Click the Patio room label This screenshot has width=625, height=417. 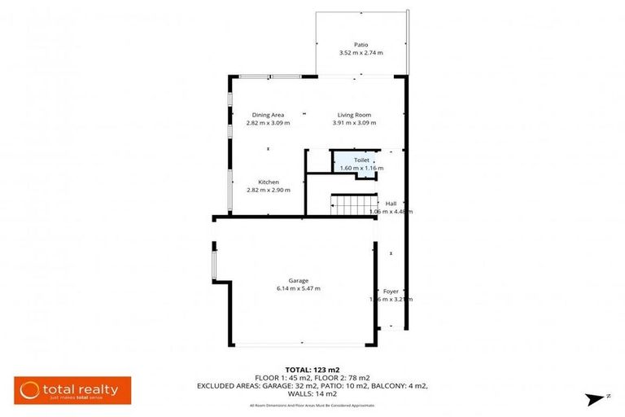pos(361,45)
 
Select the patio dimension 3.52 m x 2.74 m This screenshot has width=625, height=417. pos(361,53)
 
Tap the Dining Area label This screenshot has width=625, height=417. pos(268,115)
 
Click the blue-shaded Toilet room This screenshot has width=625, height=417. pos(356,163)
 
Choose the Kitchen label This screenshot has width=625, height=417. pos(269,182)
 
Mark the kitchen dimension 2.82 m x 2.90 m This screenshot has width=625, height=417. pos(269,190)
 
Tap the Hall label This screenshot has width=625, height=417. pos(391,203)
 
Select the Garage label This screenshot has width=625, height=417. pos(298,280)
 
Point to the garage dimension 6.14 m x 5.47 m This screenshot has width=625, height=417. pos(298,288)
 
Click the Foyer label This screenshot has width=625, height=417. pos(391,291)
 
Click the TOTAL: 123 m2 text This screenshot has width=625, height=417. pos(313,369)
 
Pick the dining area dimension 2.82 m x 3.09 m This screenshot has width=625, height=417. pos(268,123)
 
